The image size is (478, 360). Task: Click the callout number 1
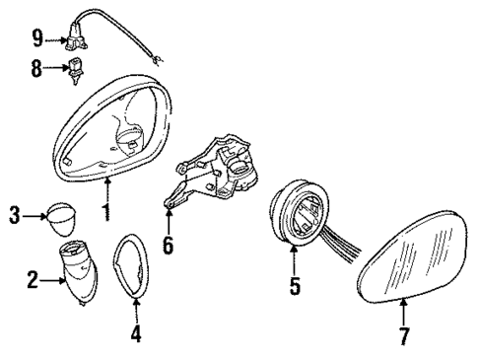pyautogui.click(x=107, y=210)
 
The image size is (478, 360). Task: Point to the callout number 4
pyautogui.click(x=137, y=334)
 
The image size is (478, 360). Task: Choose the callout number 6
pyautogui.click(x=168, y=244)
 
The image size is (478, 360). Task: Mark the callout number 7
pyautogui.click(x=404, y=337)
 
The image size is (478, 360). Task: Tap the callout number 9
pyautogui.click(x=37, y=39)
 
